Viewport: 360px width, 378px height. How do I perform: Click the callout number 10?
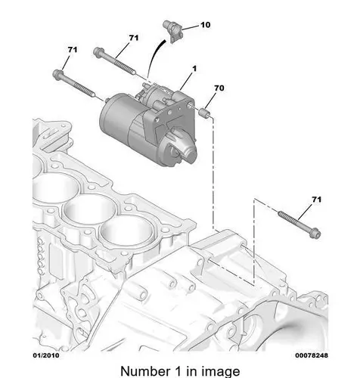[x=206, y=25]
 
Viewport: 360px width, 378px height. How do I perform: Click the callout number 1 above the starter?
[x=194, y=69]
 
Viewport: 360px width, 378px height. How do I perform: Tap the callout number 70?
[x=219, y=88]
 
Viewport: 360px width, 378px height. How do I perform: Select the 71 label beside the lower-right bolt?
[x=317, y=200]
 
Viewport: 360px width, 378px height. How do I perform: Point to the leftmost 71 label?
[x=73, y=50]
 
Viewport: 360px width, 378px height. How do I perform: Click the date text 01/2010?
[x=46, y=355]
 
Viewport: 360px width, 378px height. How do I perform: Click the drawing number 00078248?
[x=312, y=355]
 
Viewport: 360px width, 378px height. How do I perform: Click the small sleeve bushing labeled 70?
[x=205, y=113]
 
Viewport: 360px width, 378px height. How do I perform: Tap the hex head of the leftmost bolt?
[x=57, y=75]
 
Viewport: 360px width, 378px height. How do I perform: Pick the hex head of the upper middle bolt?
[x=98, y=52]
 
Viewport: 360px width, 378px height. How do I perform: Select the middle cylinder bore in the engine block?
[x=89, y=209]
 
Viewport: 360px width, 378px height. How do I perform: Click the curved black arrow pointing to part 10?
[x=154, y=57]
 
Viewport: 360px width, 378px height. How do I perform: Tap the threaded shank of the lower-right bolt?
[x=293, y=221]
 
